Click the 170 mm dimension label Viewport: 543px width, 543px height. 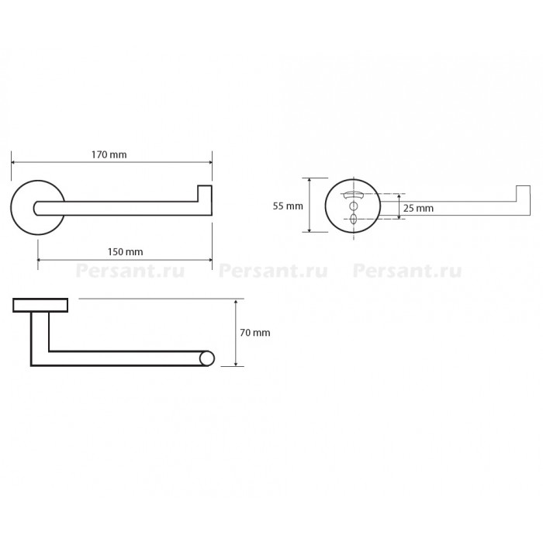coord(109,154)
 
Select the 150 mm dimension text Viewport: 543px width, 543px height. coord(125,252)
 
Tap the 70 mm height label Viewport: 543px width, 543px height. coord(255,333)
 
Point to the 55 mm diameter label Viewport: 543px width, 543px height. coord(288,206)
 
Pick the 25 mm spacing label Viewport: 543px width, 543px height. coord(418,208)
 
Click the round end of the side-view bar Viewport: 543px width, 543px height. coord(207,358)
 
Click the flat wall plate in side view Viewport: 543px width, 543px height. coord(40,305)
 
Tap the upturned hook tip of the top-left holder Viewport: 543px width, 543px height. coord(205,193)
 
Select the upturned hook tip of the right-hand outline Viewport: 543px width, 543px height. coord(524,193)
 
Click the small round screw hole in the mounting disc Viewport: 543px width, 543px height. coord(353,206)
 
